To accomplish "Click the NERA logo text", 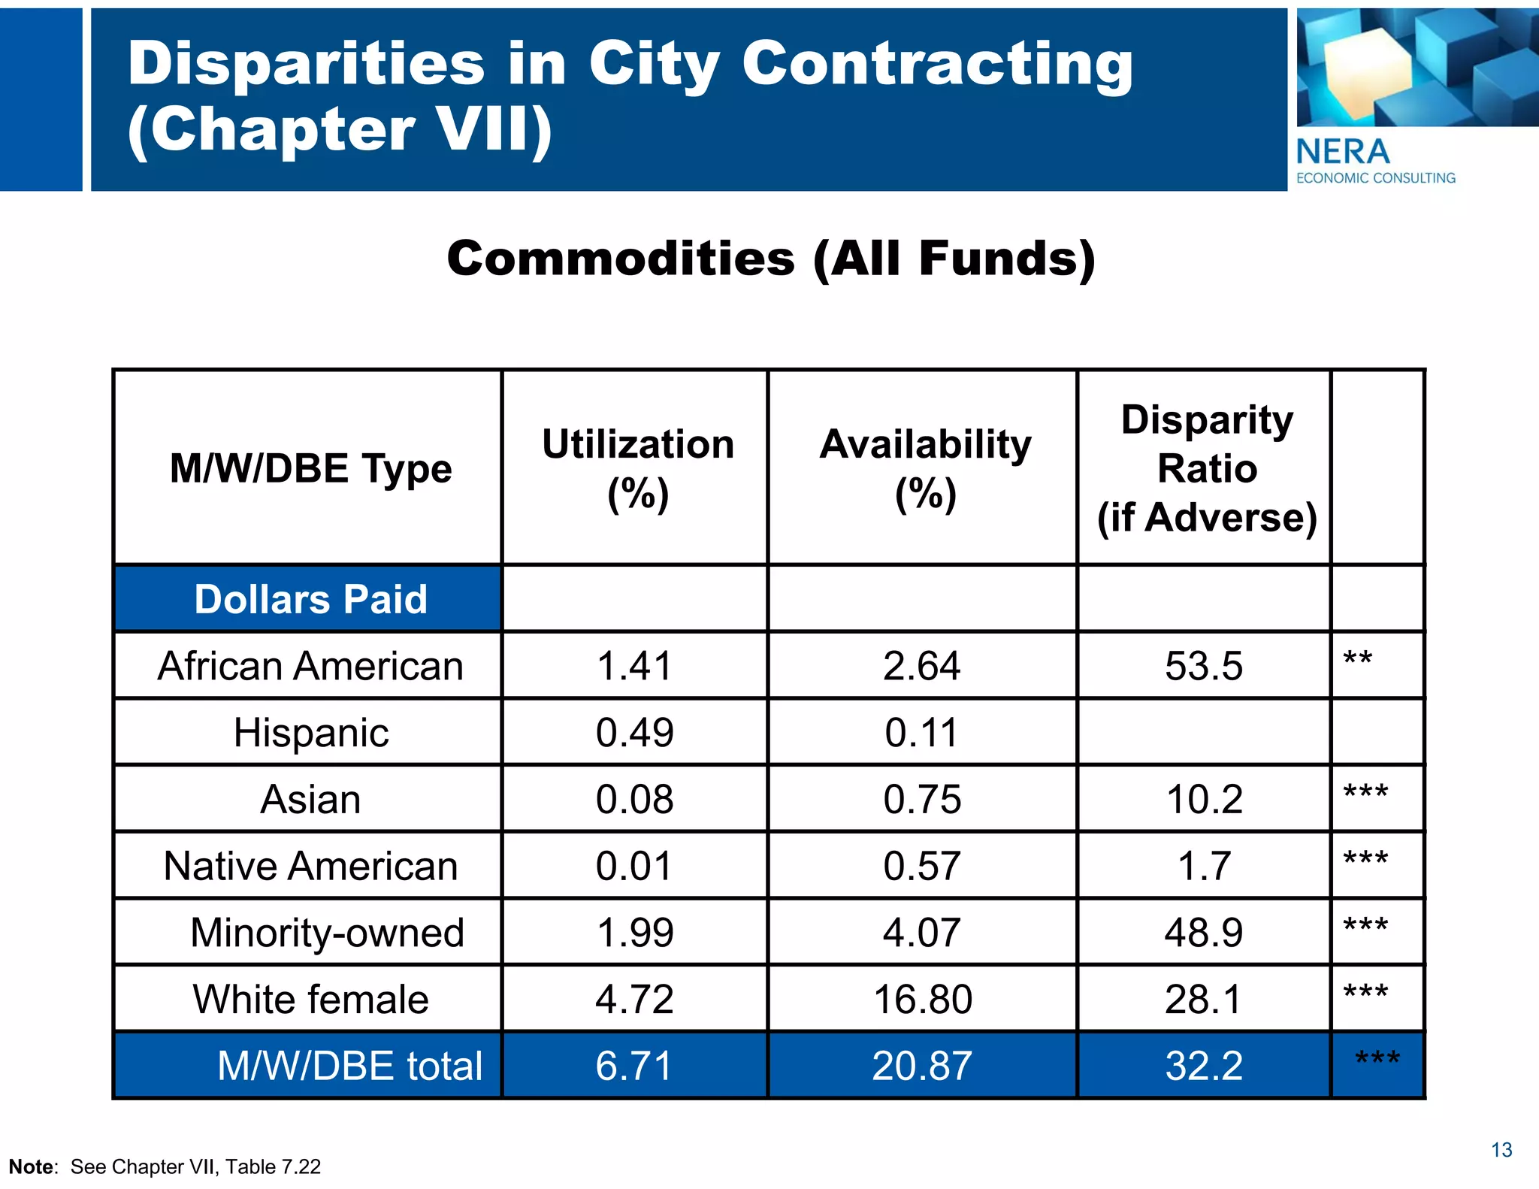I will (x=1343, y=152).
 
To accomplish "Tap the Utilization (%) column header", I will (x=637, y=467).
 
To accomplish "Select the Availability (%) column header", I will (x=925, y=467).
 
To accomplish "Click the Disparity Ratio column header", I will (x=1207, y=468).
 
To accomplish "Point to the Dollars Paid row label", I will (x=310, y=599).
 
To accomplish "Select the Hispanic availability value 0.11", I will (x=921, y=733).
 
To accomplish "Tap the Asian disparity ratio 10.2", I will (x=1204, y=799).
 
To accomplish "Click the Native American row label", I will (x=310, y=866).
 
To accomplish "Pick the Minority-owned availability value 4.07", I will (x=921, y=933).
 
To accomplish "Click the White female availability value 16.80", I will (x=923, y=1000).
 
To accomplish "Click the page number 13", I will (x=1501, y=1150).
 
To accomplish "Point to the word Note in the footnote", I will (x=32, y=1166).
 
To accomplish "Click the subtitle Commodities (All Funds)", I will (x=771, y=259).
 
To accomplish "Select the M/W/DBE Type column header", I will (x=310, y=468).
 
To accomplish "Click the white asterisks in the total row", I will (x=1377, y=1060).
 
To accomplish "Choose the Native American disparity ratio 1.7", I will (x=1204, y=866).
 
